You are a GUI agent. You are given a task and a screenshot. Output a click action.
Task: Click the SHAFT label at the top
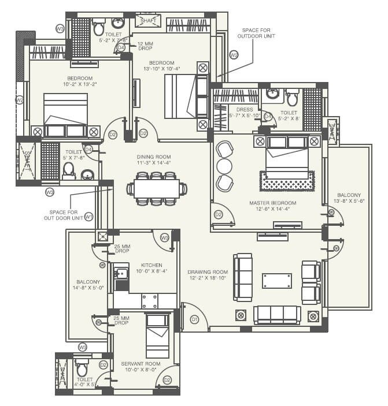(x=149, y=21)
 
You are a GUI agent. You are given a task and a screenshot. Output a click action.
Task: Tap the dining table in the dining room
(x=157, y=189)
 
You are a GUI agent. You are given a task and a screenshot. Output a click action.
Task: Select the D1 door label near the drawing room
(x=195, y=319)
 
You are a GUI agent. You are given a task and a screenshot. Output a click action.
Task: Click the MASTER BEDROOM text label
(x=272, y=203)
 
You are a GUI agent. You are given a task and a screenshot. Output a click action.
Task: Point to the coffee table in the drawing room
(x=276, y=281)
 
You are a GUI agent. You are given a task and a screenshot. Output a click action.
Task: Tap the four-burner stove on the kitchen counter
(x=150, y=301)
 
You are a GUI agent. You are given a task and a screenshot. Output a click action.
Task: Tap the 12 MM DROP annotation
(x=145, y=46)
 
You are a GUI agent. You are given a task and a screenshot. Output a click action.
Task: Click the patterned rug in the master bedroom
(x=287, y=181)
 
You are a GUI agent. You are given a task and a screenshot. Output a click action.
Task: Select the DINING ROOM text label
(x=154, y=157)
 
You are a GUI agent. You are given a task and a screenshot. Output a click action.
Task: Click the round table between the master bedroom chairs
(x=223, y=166)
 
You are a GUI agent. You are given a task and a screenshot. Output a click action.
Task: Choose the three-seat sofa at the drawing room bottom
(x=277, y=315)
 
